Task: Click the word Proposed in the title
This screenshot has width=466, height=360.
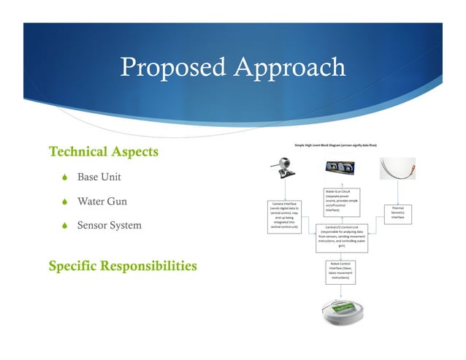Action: pyautogui.click(x=172, y=67)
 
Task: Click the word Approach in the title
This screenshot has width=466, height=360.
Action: pyautogui.click(x=288, y=67)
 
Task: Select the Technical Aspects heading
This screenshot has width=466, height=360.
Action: pyautogui.click(x=103, y=152)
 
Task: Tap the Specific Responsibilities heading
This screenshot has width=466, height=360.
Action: pyautogui.click(x=122, y=266)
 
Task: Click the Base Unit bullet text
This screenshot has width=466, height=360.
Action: pyautogui.click(x=99, y=177)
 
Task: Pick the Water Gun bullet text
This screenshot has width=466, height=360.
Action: pyautogui.click(x=102, y=202)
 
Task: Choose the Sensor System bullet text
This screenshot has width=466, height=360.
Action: pyautogui.click(x=110, y=226)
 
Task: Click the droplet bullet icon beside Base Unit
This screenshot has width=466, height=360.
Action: pyautogui.click(x=64, y=177)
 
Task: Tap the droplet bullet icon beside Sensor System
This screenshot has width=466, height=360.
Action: pyautogui.click(x=64, y=226)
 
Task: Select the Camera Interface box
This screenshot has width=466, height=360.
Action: pyautogui.click(x=284, y=215)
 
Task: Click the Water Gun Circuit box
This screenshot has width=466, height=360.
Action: pyautogui.click(x=341, y=201)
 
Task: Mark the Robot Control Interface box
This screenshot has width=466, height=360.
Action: pyautogui.click(x=341, y=270)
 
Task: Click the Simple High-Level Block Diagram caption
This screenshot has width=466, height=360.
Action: pyautogui.click(x=345, y=145)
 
